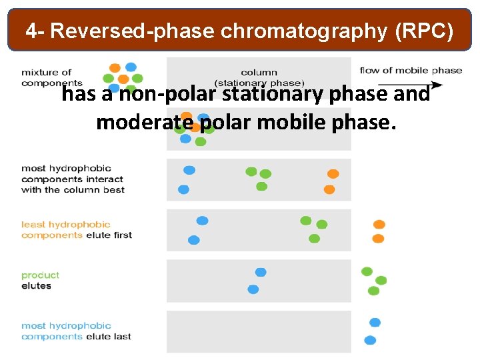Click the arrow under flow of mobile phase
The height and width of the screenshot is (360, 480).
pos(427,85)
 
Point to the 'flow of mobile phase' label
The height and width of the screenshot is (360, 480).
pos(411,71)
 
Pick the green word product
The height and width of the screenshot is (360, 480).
pos(40,275)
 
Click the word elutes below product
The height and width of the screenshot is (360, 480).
pos(36,286)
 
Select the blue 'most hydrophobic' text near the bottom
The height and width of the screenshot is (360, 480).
pos(66,326)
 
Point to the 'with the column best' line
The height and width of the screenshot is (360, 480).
pos(73,190)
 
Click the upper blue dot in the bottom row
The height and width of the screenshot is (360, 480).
pos(375,323)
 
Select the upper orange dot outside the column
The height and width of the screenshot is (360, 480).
pos(379,225)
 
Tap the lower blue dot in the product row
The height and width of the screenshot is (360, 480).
pos(253,289)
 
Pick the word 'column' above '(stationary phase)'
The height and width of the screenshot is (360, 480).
pos(259,73)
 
